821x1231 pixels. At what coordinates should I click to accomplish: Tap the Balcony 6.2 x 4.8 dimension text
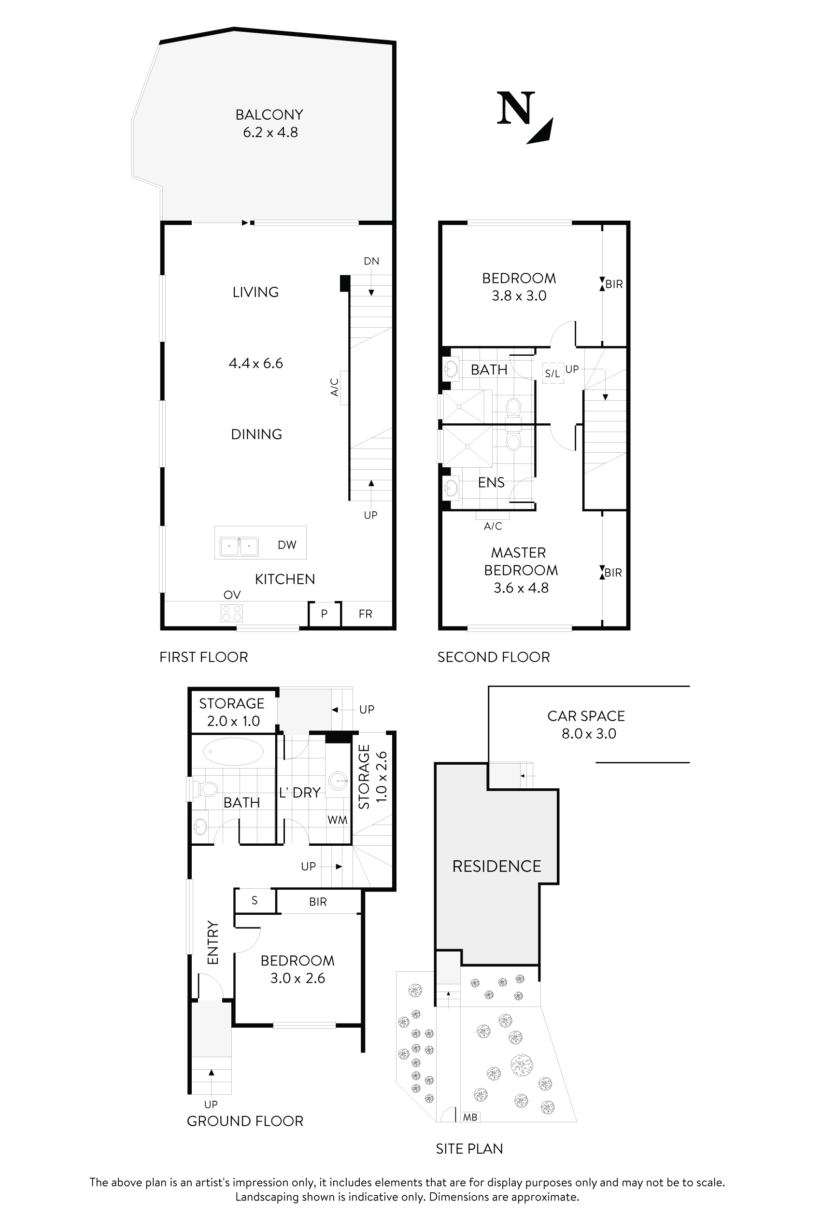click(270, 132)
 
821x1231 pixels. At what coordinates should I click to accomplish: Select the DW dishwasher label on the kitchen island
click(287, 545)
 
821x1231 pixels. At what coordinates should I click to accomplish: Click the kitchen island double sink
click(239, 546)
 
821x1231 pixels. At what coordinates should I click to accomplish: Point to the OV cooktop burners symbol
click(232, 613)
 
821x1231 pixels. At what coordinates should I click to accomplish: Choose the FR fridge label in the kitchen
click(366, 614)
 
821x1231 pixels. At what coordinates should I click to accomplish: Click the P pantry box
click(324, 614)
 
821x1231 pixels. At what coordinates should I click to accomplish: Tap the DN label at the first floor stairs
click(371, 261)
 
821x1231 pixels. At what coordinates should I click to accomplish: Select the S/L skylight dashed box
click(553, 373)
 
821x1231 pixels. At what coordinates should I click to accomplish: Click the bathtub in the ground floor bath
click(233, 752)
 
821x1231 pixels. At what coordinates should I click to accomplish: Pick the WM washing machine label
click(337, 820)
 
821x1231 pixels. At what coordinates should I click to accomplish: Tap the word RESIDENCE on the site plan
click(496, 866)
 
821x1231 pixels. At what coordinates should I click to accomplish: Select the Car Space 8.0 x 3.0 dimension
click(589, 734)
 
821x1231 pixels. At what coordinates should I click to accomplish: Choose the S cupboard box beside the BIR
click(255, 900)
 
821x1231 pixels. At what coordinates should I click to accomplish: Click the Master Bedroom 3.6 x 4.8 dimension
click(521, 588)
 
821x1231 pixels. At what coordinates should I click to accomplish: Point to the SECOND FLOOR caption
click(493, 657)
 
